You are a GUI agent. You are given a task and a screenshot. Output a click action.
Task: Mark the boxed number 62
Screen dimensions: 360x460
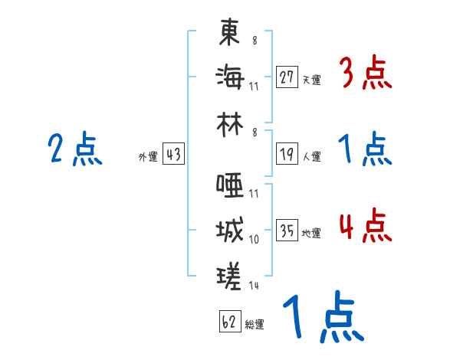[229, 322]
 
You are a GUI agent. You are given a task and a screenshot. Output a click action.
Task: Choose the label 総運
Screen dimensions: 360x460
[255, 324]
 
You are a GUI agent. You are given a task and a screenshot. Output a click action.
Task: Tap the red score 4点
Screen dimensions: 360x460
[365, 227]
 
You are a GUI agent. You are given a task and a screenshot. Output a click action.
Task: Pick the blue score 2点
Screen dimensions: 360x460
[74, 149]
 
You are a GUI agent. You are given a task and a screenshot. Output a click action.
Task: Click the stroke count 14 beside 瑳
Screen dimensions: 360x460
[253, 285]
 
